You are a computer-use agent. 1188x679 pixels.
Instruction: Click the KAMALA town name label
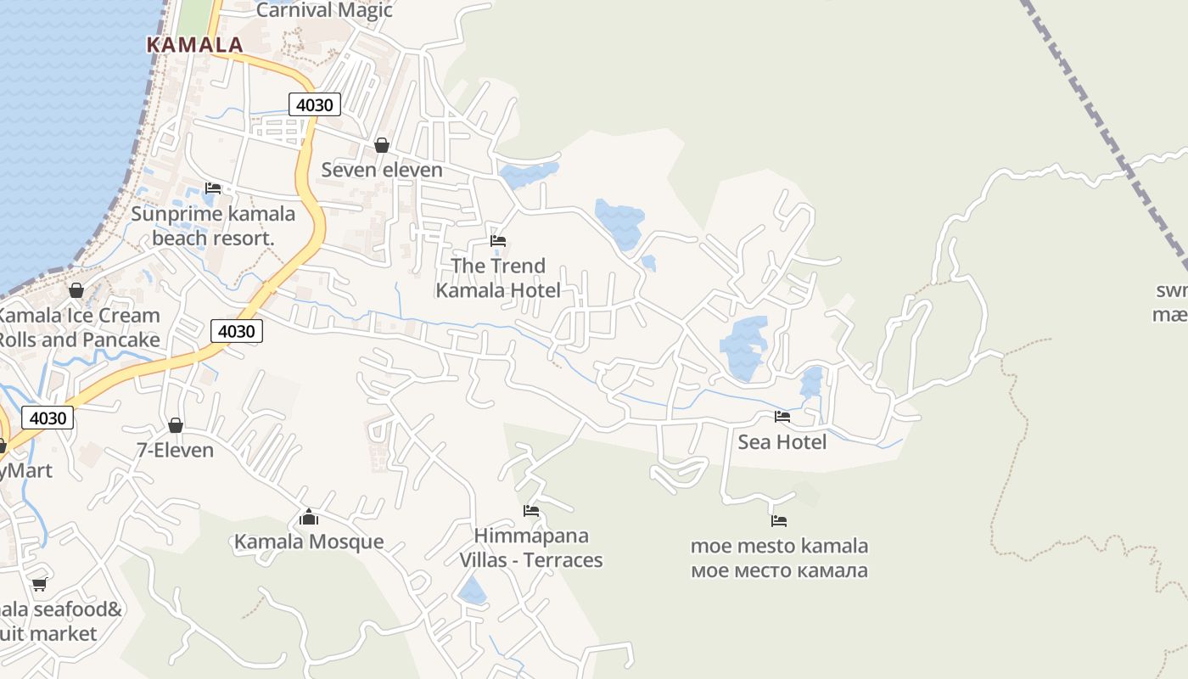point(195,45)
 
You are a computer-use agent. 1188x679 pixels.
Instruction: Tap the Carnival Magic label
point(324,10)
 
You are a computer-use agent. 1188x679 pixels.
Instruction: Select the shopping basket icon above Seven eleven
point(382,145)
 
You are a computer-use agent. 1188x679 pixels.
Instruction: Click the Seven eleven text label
point(382,170)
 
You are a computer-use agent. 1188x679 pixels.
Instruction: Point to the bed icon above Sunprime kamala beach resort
point(213,188)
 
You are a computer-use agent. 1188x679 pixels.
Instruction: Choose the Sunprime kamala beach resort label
point(213,226)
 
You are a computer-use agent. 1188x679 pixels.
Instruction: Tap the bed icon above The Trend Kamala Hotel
point(498,242)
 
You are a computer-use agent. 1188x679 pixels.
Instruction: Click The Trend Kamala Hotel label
point(498,278)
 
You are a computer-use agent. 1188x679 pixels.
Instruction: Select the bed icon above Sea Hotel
point(782,417)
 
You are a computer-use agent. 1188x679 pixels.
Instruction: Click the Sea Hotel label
point(782,442)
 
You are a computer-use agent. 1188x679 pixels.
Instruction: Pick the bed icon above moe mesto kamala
point(779,520)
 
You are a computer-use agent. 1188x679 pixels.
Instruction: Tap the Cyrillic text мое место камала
point(779,570)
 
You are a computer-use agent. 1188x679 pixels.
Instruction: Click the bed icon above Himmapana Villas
point(531,511)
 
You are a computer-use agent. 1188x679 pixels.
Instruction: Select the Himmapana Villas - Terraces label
point(531,548)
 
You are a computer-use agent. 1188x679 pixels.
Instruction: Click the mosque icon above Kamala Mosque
point(309,517)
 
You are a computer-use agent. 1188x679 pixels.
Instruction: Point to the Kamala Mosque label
point(309,542)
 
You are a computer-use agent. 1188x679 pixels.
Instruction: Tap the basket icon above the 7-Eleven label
point(176,424)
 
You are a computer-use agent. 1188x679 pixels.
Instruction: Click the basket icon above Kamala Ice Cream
point(76,291)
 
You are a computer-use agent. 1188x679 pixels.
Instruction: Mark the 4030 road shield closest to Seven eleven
point(315,104)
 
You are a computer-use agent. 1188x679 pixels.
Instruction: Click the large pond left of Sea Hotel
point(744,346)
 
